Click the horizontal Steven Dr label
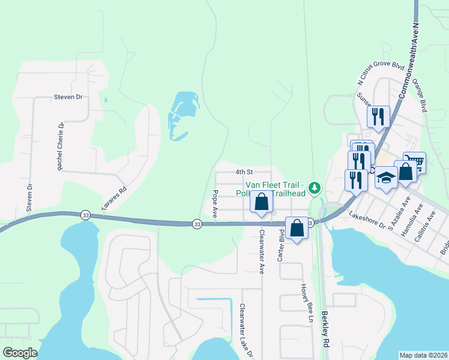click(x=68, y=97)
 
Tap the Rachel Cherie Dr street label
click(x=61, y=146)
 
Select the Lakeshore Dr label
click(x=366, y=221)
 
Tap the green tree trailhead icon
click(x=314, y=190)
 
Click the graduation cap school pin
click(x=387, y=176)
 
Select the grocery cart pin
click(x=414, y=161)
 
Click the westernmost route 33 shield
click(x=85, y=215)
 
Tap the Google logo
click(x=20, y=353)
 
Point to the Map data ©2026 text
click(x=423, y=355)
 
